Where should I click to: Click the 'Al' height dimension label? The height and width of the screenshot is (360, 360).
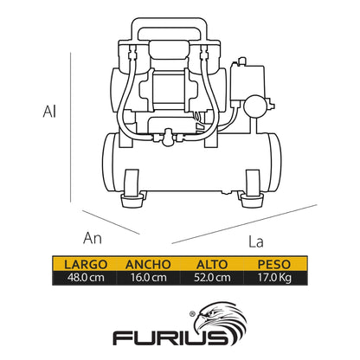point(51,112)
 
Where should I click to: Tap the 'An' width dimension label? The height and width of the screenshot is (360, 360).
point(93,236)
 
